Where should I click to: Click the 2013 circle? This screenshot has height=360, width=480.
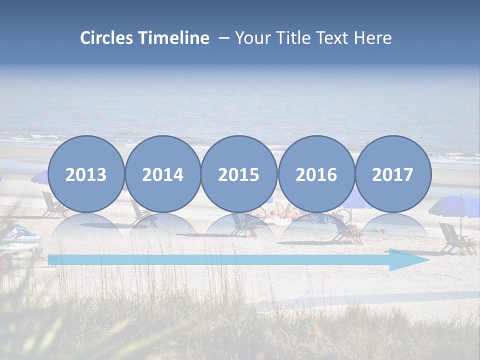tap(86, 174)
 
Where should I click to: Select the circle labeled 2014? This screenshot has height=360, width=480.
tap(162, 174)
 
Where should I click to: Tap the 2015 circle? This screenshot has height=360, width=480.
tap(239, 174)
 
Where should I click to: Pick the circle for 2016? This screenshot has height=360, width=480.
tap(316, 174)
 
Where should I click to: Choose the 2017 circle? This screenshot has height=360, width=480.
tap(393, 174)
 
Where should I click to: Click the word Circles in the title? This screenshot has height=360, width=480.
tap(107, 38)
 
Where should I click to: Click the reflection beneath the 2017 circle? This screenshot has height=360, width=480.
tap(393, 225)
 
